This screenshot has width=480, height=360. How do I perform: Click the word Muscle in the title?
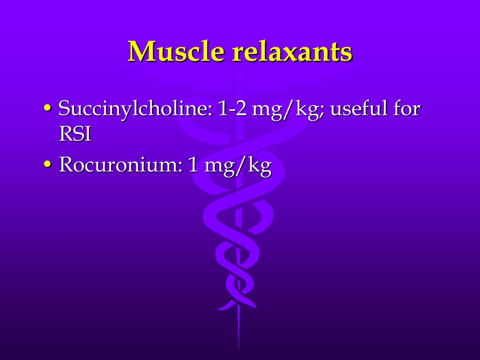coord(176,51)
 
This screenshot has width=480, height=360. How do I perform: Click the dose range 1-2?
coord(232,109)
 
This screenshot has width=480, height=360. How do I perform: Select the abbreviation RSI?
coord(75,134)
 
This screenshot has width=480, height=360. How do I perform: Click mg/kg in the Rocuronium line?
coord(238,166)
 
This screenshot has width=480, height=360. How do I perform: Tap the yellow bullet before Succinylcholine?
coord(47,108)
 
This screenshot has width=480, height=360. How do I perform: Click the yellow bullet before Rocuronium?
coord(47,164)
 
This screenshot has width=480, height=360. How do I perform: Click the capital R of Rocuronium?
coord(66,165)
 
